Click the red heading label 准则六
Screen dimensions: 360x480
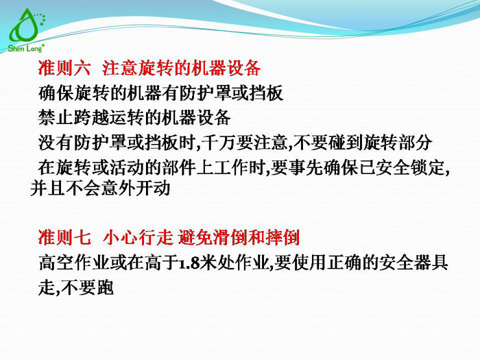point(64,69)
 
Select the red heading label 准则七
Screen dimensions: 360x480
point(64,238)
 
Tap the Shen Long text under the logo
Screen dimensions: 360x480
point(26,48)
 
